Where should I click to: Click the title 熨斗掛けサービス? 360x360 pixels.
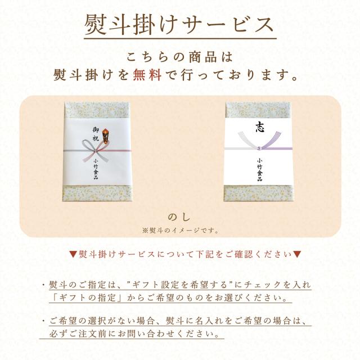pos(179,25)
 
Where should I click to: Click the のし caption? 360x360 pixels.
pos(180,217)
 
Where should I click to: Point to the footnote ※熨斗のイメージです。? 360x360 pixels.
pos(180,230)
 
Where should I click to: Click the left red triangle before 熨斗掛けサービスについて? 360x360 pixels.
pos(73,254)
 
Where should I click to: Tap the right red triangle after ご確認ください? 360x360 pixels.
pos(297,254)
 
